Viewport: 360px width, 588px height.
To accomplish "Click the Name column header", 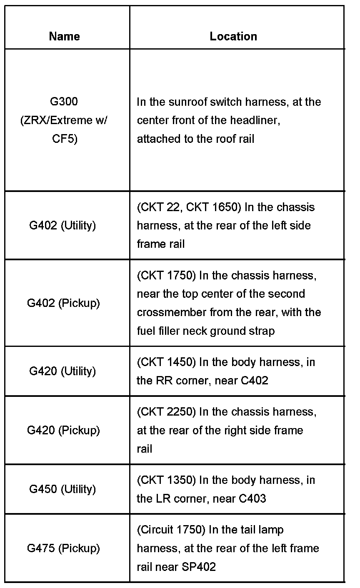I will click(x=64, y=36).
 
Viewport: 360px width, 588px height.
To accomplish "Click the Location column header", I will click(x=233, y=36).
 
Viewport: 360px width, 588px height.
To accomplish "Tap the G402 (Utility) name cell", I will click(x=62, y=225).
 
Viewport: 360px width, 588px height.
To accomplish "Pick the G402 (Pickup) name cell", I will click(x=63, y=303).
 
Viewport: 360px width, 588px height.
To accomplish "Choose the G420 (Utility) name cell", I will click(x=62, y=371).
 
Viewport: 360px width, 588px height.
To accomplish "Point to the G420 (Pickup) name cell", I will click(x=63, y=430).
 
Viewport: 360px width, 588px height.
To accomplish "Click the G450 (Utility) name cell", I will click(x=62, y=489).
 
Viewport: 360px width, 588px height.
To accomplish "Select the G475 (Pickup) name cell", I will click(x=63, y=548).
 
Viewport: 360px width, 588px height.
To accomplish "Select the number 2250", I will click(x=181, y=412).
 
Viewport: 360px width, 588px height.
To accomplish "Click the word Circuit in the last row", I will click(x=155, y=530).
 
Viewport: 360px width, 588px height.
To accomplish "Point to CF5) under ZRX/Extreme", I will click(x=65, y=139).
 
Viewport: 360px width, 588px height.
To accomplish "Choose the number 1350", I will click(x=181, y=480).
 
